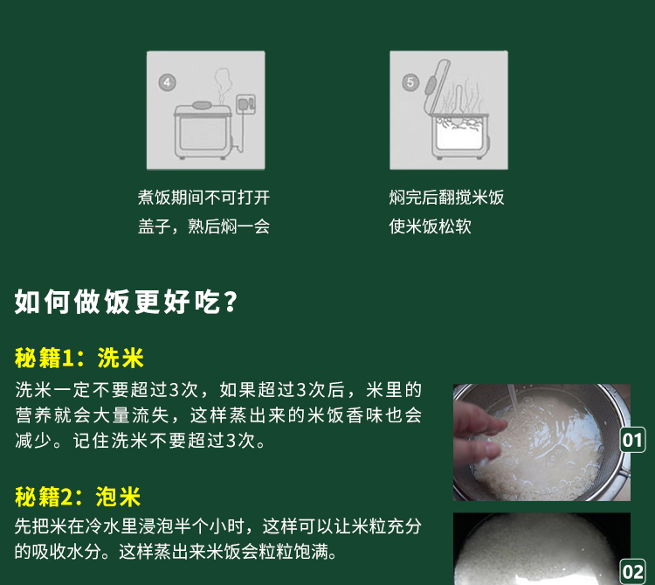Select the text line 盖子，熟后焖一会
point(203,226)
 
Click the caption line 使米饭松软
point(430,226)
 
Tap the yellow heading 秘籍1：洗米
point(79,358)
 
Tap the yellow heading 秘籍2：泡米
point(78,498)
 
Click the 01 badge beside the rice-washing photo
point(633,439)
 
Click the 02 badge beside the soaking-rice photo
point(633,573)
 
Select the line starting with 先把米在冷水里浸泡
point(218,526)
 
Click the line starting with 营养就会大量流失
point(218,414)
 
